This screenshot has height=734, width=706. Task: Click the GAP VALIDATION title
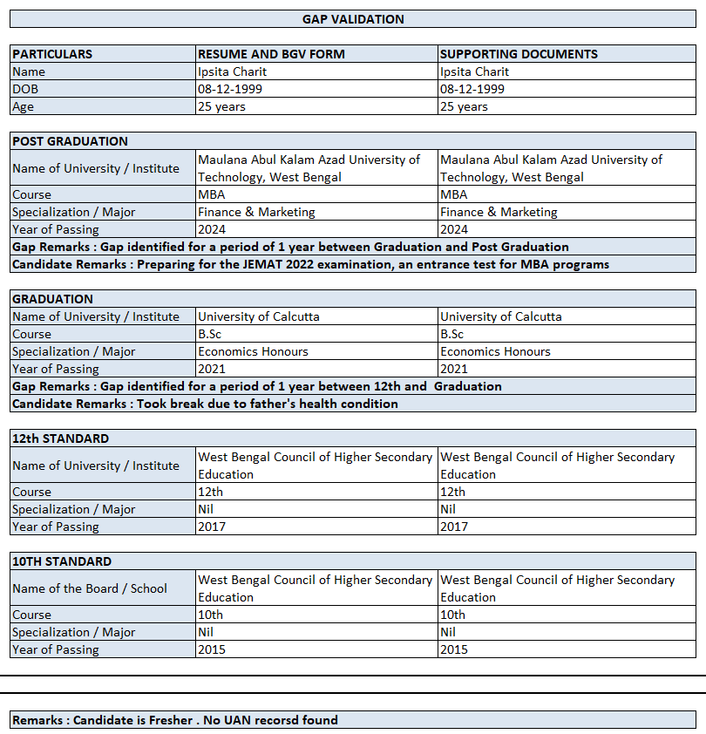(x=353, y=18)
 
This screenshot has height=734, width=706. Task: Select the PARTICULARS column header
(x=52, y=54)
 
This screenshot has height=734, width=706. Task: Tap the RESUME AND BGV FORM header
(x=271, y=54)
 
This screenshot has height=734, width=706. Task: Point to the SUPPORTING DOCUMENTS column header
(x=519, y=54)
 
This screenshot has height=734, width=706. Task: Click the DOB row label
(x=25, y=89)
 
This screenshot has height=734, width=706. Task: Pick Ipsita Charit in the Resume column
(x=232, y=71)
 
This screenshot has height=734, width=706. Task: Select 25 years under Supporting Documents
(x=465, y=106)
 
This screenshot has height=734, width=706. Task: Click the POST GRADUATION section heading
(x=70, y=141)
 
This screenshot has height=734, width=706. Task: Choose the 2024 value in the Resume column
(x=212, y=229)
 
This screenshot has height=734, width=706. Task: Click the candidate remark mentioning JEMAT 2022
(x=310, y=264)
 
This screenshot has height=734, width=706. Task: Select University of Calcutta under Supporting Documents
(x=501, y=316)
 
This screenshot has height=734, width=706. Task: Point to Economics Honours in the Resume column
(x=253, y=351)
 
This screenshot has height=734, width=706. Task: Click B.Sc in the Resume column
(x=210, y=334)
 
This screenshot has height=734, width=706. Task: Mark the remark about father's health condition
(x=205, y=404)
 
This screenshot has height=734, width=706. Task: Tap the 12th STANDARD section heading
(x=60, y=438)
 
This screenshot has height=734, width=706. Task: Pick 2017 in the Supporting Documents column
(x=454, y=527)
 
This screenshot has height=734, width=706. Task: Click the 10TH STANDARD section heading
(x=62, y=561)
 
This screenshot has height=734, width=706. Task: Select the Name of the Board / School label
(x=90, y=588)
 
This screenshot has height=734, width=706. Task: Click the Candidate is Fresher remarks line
(x=174, y=720)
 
